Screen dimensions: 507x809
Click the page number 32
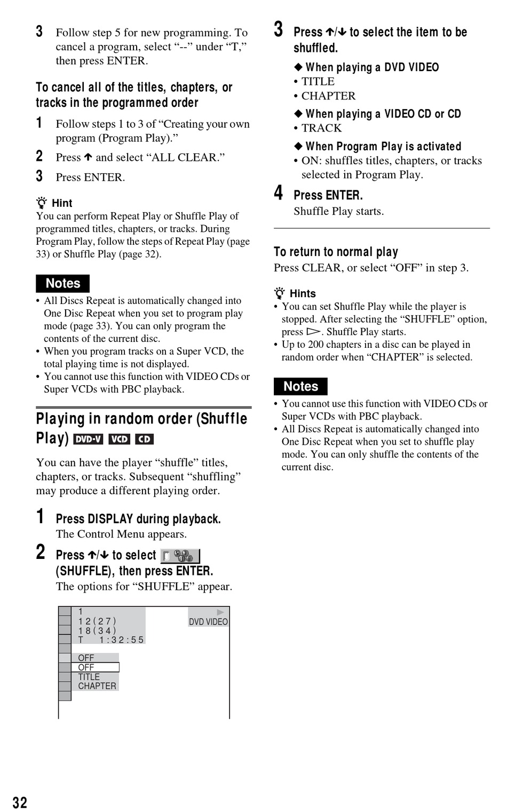coord(20,802)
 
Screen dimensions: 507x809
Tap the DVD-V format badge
coord(88,439)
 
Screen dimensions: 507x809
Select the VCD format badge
coord(119,439)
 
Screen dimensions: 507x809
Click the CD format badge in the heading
coord(144,439)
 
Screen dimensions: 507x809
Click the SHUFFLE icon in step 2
coord(180,556)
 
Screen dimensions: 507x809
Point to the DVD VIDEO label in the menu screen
coord(208,621)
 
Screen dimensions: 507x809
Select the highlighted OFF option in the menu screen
coord(95,667)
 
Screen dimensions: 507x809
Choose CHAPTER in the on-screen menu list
coord(97,686)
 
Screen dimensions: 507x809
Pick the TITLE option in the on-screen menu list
coord(89,676)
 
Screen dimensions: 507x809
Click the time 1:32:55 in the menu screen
coord(122,640)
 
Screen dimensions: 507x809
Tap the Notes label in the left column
coord(62,283)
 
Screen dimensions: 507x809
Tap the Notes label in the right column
coord(300,386)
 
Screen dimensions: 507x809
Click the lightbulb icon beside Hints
coord(280,293)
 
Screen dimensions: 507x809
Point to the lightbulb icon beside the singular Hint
coord(42,203)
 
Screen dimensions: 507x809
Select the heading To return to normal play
coord(336,252)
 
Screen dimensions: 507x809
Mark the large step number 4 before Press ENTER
coord(279,193)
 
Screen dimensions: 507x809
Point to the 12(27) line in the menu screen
coord(97,621)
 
